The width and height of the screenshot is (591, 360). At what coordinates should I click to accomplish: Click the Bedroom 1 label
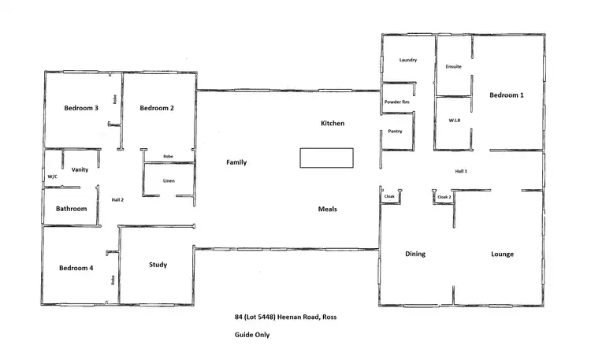click(x=507, y=95)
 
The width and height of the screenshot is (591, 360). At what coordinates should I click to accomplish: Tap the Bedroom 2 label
click(x=157, y=108)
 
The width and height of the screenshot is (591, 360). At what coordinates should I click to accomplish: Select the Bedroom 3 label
click(x=81, y=108)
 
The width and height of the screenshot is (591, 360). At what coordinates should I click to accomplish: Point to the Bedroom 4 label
click(x=76, y=268)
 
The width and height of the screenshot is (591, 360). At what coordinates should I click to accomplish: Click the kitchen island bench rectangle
click(x=327, y=158)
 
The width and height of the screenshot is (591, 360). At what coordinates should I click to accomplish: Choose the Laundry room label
click(x=407, y=60)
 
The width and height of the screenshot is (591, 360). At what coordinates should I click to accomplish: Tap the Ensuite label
click(x=453, y=66)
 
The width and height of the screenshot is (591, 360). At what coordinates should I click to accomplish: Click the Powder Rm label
click(x=396, y=102)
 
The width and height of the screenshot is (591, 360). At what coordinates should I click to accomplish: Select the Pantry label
click(x=395, y=131)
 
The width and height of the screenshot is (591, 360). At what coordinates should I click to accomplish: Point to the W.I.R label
click(x=454, y=121)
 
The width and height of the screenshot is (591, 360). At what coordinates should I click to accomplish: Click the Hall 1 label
click(x=461, y=171)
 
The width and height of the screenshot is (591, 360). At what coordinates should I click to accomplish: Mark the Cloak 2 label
click(x=444, y=196)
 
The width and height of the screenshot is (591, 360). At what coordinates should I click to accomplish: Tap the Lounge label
click(x=502, y=254)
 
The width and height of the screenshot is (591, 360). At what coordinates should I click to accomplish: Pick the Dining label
click(x=415, y=254)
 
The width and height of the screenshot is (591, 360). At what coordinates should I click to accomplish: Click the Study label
click(x=158, y=265)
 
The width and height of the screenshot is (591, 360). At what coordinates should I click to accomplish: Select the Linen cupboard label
click(x=169, y=181)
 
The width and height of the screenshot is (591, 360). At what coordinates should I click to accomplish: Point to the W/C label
click(x=53, y=177)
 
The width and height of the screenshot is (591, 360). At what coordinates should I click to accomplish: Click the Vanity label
click(x=80, y=169)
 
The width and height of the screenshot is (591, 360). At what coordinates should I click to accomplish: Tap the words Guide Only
click(x=252, y=334)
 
